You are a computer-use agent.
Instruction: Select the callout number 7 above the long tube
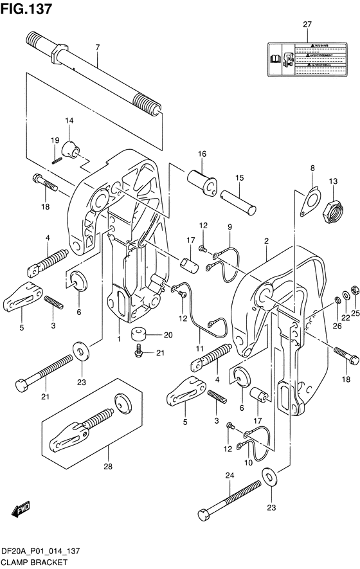point(97,47)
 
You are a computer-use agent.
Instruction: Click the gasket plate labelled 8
point(309,199)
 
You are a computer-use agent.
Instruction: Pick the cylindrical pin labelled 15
point(239,201)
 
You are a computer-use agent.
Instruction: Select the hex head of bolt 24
point(204,514)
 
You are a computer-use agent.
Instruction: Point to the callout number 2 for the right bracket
point(265,240)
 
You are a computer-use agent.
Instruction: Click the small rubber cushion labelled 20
point(138,334)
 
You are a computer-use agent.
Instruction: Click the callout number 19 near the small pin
point(55,140)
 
